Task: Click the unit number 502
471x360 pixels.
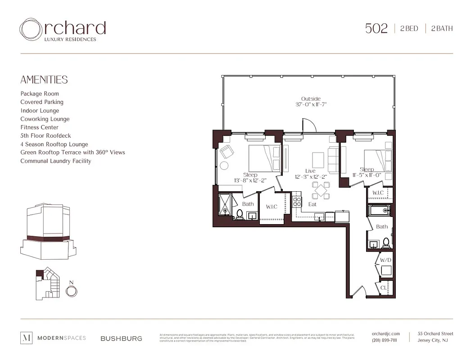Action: pos(376,28)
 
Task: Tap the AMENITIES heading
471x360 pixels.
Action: pos(44,80)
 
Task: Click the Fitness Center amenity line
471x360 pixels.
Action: pos(39,127)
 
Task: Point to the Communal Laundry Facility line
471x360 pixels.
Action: pos(55,161)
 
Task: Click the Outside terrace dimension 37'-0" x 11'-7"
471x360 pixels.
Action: pos(311,104)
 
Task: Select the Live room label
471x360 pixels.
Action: pos(310,171)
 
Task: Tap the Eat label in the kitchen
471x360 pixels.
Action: pos(312,204)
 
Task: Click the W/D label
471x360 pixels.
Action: pos(385,260)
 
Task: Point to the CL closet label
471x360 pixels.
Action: pos(384,287)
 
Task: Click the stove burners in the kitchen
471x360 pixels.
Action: pos(297,202)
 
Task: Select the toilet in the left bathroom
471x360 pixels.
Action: pos(240,214)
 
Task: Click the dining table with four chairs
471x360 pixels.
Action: pos(322,190)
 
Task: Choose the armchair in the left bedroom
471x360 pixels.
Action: pos(226,152)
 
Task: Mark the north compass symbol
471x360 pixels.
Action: pos(71,291)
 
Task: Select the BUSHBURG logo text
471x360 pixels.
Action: pos(121,338)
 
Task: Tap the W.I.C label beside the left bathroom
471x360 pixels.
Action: pos(272,207)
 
